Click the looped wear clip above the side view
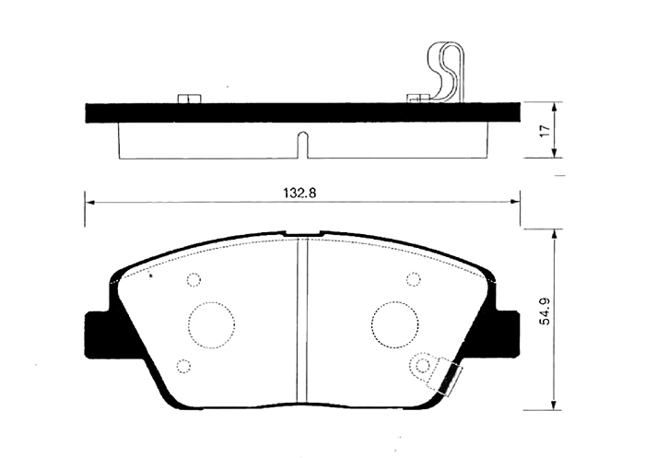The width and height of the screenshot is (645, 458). (x=449, y=71)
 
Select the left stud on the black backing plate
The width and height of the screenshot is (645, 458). (x=186, y=97)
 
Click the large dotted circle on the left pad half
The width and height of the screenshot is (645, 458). (x=211, y=323)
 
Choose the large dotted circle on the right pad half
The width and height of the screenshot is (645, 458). (x=393, y=323)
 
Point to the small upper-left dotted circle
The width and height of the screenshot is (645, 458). (x=193, y=280)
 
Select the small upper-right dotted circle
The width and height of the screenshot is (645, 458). (x=412, y=280)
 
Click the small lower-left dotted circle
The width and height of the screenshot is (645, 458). (x=182, y=366)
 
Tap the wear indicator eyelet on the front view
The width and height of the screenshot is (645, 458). (x=423, y=366)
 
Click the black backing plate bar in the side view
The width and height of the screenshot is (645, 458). (x=301, y=112)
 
